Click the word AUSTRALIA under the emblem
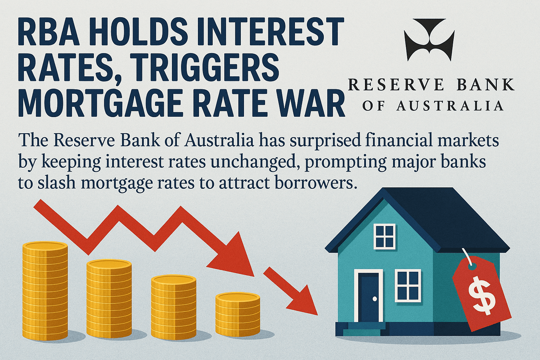point(450,106)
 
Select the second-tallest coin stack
point(109,299)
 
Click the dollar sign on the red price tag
point(480,296)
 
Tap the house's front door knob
point(375,299)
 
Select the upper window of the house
point(385,237)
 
